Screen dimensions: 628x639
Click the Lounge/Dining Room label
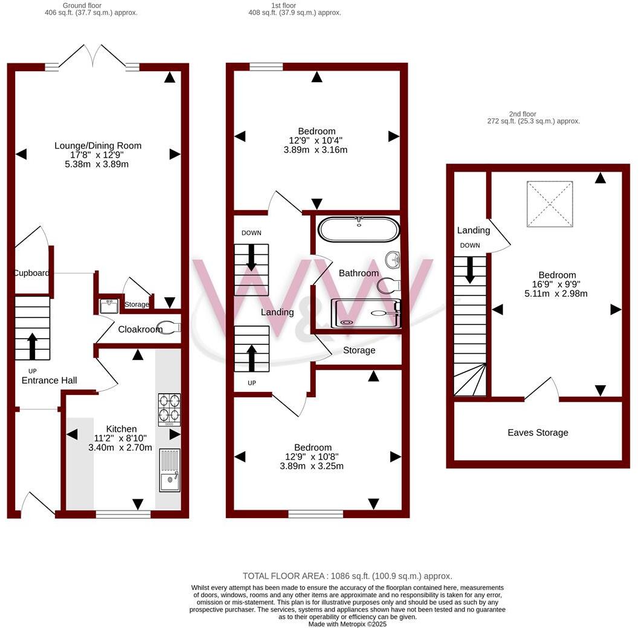(98, 146)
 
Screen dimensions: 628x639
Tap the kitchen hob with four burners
(169, 409)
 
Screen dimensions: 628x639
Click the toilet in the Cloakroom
(168, 328)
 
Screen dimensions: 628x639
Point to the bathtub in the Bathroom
(359, 229)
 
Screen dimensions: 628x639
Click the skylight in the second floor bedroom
(550, 204)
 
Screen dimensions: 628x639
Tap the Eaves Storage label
(538, 432)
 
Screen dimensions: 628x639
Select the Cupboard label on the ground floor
(31, 273)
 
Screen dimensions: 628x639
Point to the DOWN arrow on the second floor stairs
(470, 269)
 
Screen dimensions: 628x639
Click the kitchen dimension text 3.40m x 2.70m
(120, 447)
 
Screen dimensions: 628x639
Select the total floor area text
(347, 576)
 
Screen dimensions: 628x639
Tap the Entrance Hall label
(49, 380)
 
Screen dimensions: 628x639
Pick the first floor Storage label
(359, 350)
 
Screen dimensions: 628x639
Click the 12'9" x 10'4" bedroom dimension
(316, 141)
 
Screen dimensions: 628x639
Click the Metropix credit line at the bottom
(347, 624)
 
